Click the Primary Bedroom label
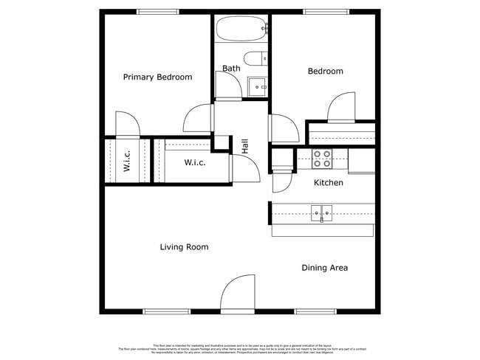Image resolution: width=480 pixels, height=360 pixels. (x=157, y=77)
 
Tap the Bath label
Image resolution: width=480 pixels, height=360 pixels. (x=231, y=69)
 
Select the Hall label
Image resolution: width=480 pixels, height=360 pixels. (x=244, y=146)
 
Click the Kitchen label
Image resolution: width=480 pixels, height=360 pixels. (x=329, y=182)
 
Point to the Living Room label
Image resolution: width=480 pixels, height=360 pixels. (x=184, y=247)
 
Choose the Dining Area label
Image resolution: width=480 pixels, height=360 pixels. (x=324, y=268)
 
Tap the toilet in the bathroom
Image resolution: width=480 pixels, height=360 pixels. (x=255, y=59)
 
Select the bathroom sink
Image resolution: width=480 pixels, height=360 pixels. (x=258, y=86)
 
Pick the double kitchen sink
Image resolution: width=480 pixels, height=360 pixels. (x=321, y=213)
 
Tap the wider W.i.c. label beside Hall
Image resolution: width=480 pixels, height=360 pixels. (x=194, y=162)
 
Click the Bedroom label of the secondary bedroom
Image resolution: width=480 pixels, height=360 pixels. (x=325, y=72)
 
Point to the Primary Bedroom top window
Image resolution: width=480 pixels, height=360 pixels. (x=157, y=11)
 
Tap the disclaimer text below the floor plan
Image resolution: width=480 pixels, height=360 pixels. (x=239, y=348)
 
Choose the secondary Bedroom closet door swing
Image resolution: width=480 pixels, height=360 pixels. (x=341, y=108)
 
